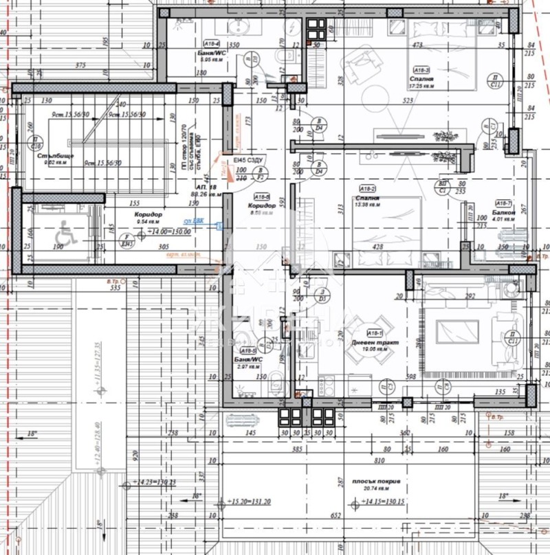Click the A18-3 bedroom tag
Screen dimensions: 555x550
click(421, 70)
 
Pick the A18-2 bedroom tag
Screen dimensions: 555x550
click(367, 188)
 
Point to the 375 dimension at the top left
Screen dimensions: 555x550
click(82, 66)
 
